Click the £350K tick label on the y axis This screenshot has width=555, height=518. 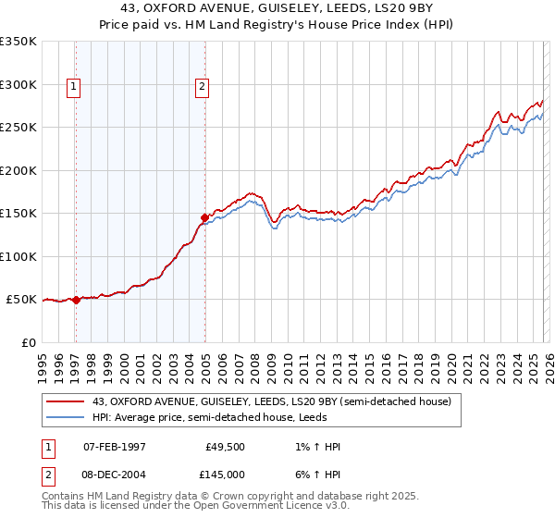(18, 42)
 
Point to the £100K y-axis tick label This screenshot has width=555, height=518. (18, 256)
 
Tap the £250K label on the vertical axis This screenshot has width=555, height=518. (18, 128)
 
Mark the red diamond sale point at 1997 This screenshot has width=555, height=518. (77, 300)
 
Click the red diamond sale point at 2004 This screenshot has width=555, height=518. (204, 218)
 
